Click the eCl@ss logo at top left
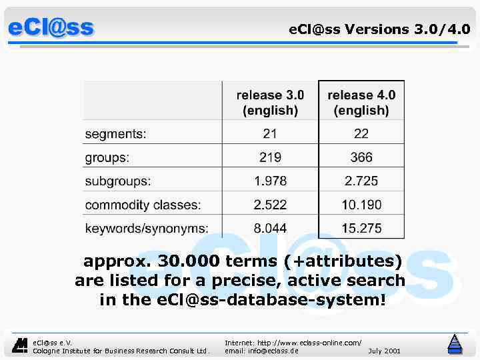pos(51,27)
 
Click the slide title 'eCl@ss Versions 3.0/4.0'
pos(379,29)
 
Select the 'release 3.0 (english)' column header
pos(270,102)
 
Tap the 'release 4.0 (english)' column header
pos(361,102)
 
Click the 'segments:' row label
pos(115,134)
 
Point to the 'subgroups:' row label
pos(118,181)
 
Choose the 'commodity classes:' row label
pos(143,205)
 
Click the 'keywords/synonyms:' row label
pos(146,228)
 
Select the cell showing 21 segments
pos(270,134)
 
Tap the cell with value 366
pos(361,158)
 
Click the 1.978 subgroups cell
pos(270,181)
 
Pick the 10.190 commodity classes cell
pos(361,205)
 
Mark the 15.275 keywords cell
pos(361,228)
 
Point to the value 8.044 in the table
pos(270,228)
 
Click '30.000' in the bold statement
pos(190,261)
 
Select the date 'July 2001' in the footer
pos(384,351)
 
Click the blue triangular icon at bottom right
pos(455,343)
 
